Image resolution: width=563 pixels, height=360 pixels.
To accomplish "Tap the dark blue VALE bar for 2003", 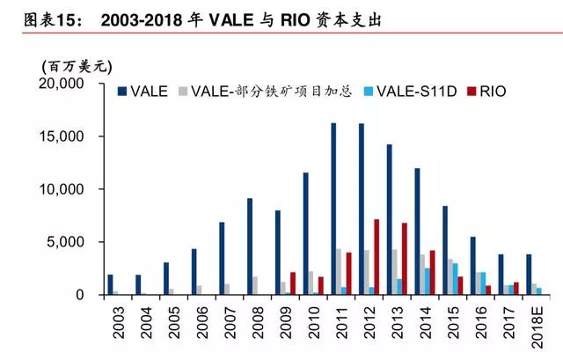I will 110,284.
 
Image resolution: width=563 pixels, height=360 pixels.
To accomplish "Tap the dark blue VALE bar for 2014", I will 417,231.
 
